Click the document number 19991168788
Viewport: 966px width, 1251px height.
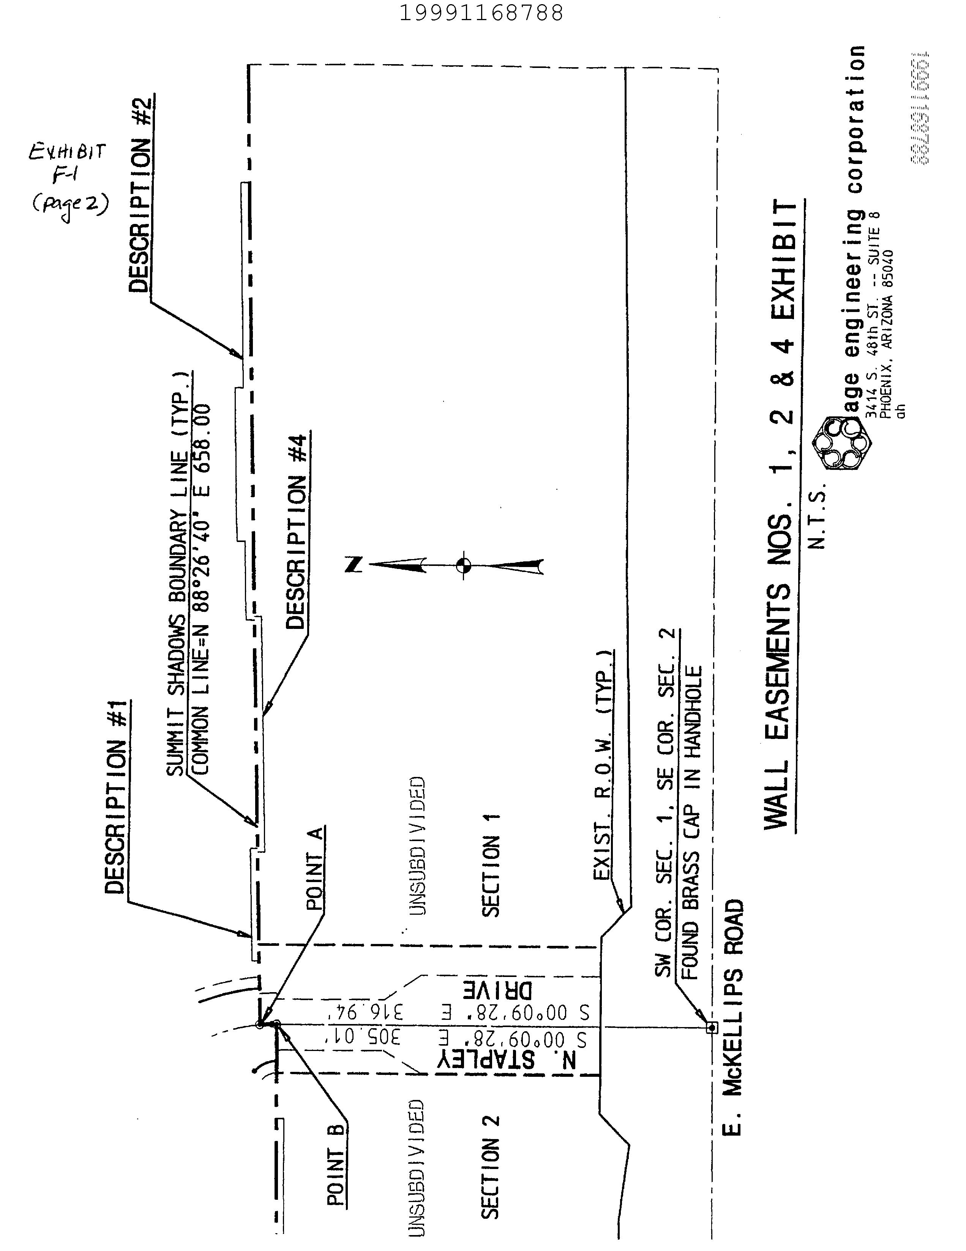tap(481, 13)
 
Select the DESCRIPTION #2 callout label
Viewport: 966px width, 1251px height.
tap(141, 194)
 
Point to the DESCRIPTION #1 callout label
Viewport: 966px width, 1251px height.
tap(116, 796)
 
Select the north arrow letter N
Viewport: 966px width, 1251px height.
tap(354, 565)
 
